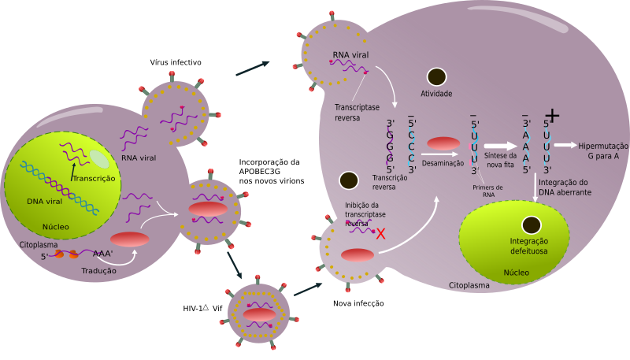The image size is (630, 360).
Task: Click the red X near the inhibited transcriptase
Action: [381, 233]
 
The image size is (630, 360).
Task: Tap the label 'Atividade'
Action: [436, 94]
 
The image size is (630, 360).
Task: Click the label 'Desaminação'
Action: [443, 163]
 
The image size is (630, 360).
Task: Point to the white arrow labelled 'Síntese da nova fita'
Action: [499, 145]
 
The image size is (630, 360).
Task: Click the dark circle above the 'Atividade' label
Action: [436, 76]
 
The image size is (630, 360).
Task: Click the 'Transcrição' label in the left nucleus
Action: [94, 179]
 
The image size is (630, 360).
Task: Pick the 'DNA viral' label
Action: [45, 201]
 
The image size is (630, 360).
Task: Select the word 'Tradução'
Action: [99, 270]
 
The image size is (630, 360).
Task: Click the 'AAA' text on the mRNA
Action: [102, 254]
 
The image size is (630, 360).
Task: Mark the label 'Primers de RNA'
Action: [488, 190]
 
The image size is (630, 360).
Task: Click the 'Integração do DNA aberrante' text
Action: [563, 187]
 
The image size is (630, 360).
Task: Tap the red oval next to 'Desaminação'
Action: [443, 143]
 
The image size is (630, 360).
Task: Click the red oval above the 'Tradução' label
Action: [129, 239]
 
